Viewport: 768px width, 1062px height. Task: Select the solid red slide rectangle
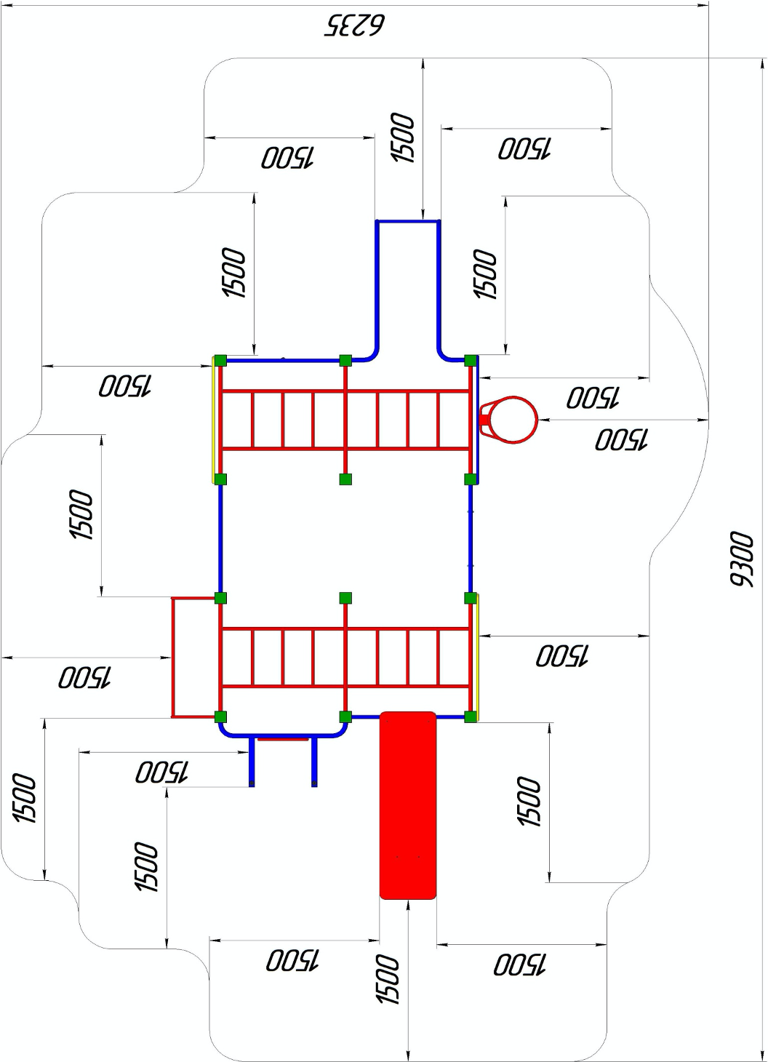(408, 805)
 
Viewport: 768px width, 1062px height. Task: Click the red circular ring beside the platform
(513, 420)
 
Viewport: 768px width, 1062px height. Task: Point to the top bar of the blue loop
(408, 221)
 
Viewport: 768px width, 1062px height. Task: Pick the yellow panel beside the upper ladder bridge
(214, 420)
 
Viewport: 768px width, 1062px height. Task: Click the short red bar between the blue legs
(283, 739)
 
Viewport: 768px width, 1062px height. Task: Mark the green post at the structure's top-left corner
(220, 360)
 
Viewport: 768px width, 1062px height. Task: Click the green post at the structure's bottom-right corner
(471, 716)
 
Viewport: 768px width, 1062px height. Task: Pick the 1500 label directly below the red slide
(388, 980)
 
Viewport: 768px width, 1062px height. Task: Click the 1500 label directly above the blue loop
(402, 138)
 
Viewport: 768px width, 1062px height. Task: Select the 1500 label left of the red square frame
(84, 677)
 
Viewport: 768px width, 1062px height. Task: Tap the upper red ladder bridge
(345, 420)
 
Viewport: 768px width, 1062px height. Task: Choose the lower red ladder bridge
(345, 657)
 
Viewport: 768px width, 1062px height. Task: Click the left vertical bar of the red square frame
(173, 657)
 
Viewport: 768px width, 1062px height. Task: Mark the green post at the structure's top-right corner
(471, 360)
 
